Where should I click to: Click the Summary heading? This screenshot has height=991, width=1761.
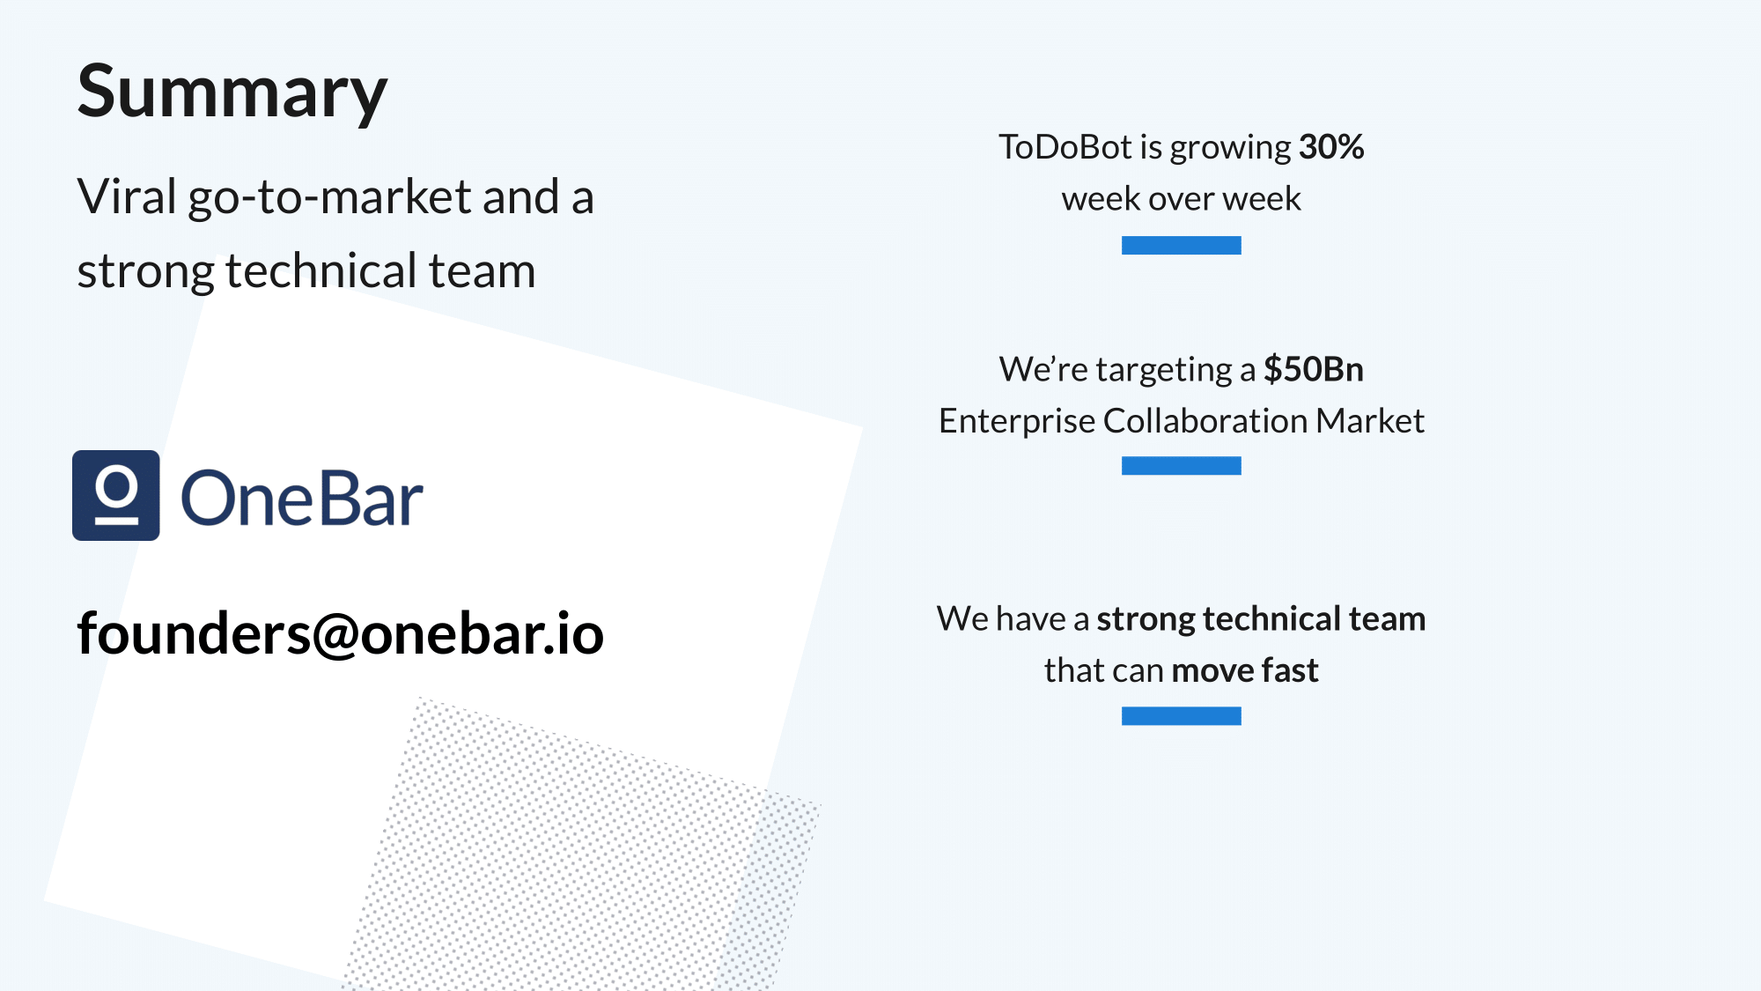click(x=232, y=92)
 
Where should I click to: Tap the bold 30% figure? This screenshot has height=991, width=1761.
click(x=1331, y=147)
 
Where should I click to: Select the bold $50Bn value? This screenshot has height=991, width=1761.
click(x=1313, y=369)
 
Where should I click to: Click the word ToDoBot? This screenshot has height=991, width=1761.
click(x=1065, y=147)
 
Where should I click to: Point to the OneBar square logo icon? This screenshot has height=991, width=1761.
click(x=116, y=495)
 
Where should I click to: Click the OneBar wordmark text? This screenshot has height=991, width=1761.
click(x=302, y=499)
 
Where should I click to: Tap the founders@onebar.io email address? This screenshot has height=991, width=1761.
click(x=340, y=634)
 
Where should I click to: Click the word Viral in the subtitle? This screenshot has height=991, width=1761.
click(x=127, y=196)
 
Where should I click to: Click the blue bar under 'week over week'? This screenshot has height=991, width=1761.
click(x=1181, y=245)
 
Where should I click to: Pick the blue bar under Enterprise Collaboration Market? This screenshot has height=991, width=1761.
click(x=1181, y=466)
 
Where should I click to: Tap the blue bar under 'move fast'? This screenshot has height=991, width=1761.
click(x=1181, y=716)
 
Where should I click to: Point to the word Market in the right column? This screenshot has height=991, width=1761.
click(x=1369, y=421)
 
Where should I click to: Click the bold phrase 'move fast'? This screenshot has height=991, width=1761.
click(x=1244, y=671)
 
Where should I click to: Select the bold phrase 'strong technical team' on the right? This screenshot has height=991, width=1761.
click(x=1260, y=619)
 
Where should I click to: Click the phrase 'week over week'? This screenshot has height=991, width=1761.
click(x=1181, y=199)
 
